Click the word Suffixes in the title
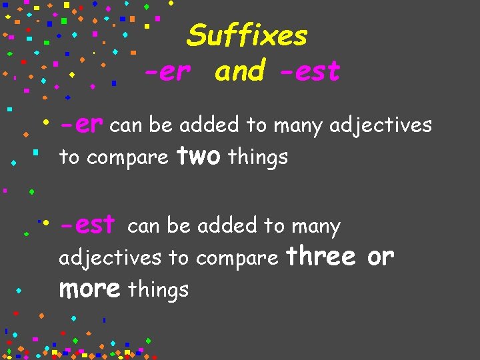(x=247, y=36)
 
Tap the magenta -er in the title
(x=167, y=71)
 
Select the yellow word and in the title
(x=240, y=71)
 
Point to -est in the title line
(x=308, y=71)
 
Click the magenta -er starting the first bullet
(x=81, y=125)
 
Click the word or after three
(x=381, y=256)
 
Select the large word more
(x=89, y=289)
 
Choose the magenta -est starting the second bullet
(x=87, y=226)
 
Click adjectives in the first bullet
(x=381, y=125)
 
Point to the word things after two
(x=258, y=157)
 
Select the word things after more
(x=158, y=290)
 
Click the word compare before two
(x=127, y=159)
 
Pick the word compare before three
(x=237, y=258)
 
